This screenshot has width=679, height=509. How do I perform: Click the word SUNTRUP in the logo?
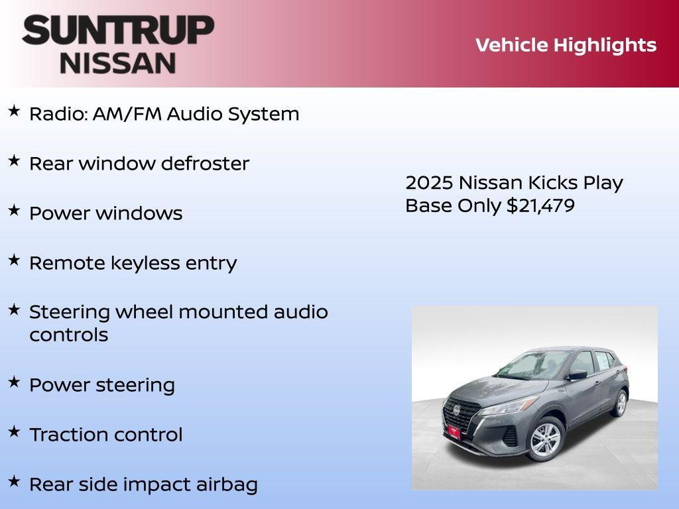pos(118,30)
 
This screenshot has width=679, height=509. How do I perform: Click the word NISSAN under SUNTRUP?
pos(118,62)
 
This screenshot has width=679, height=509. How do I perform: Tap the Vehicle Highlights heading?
pos(566,45)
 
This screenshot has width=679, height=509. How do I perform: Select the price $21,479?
pos(540,205)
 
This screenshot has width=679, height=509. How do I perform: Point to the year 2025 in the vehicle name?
pos(429,183)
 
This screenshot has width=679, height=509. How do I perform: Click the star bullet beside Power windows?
pos(14,211)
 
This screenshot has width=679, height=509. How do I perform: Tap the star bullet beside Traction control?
pos(14,432)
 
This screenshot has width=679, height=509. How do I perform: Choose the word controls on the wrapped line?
pos(68,335)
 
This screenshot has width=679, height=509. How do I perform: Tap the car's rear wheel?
pos(620,402)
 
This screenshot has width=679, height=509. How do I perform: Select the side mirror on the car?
pos(577,374)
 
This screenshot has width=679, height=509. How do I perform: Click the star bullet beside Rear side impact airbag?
pos(14,482)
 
